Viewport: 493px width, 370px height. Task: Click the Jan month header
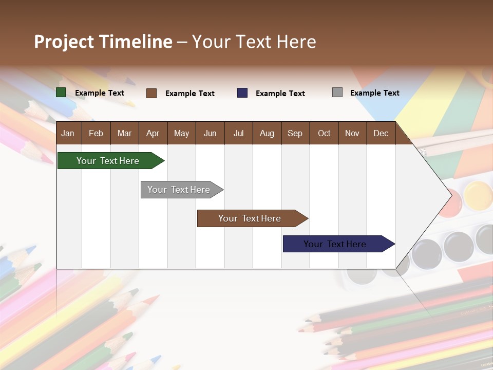68,133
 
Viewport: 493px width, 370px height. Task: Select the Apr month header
153,133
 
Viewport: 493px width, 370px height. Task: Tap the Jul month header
238,133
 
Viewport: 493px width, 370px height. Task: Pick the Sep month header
295,133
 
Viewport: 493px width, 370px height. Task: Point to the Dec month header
381,133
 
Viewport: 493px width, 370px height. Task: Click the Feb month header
96,133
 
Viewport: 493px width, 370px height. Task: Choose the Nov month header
352,133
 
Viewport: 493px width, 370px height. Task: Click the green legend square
61,92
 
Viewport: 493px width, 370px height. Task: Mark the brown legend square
151,93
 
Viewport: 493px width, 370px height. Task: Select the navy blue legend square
242,93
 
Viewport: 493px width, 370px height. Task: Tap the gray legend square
337,92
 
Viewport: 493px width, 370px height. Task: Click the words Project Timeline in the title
103,42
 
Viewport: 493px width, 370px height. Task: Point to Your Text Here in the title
254,42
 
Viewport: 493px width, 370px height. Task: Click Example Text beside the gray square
374,93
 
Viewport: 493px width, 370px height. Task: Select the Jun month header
210,133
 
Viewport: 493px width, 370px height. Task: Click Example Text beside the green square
100,93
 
